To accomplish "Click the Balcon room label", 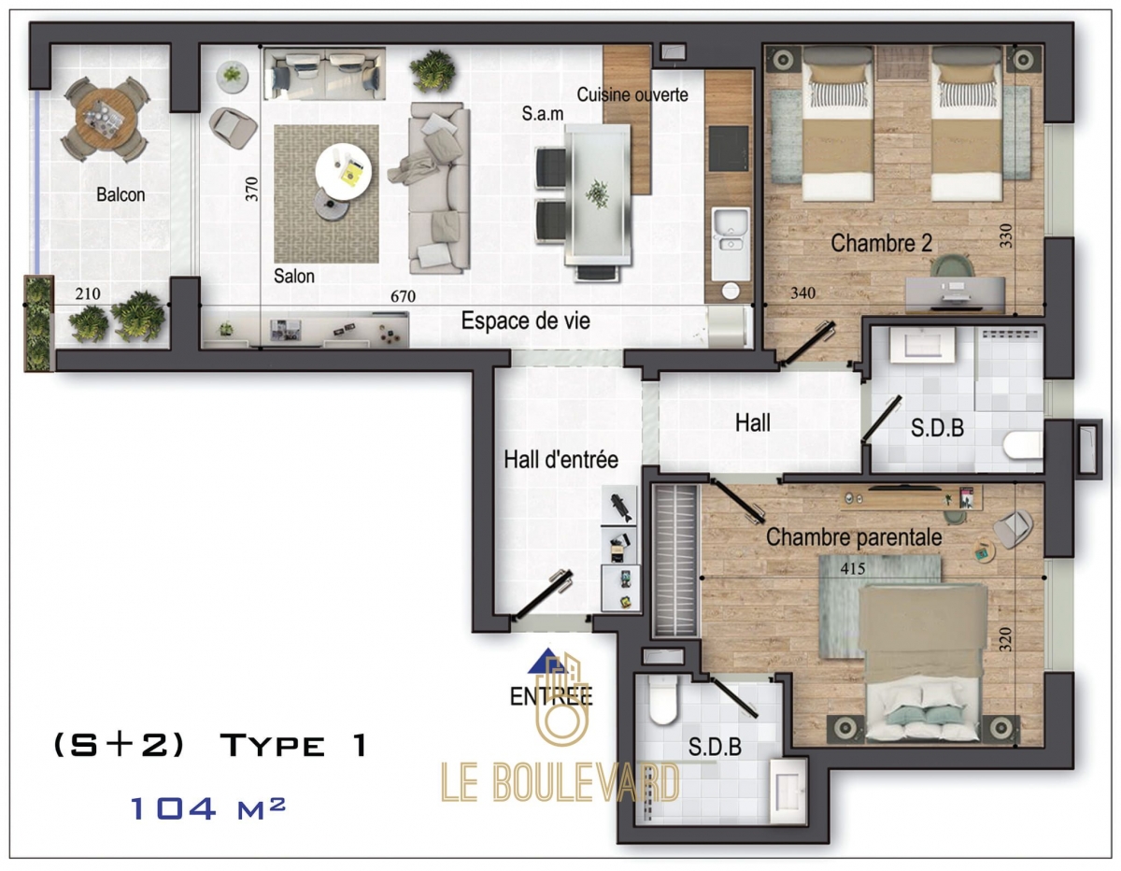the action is coord(121,194).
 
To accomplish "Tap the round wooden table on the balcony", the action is coord(106,120).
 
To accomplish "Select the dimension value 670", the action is coord(403,296).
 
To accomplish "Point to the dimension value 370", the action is coord(251,189).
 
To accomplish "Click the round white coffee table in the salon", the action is coord(343,171).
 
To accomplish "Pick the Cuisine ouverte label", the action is coord(631,94).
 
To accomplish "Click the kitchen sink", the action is coord(731,230).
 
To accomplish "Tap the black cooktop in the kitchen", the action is coord(729,149).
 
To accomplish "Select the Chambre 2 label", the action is coord(881,243).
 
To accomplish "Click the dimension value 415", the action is coord(853,568).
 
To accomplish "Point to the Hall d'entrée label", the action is coord(560,459).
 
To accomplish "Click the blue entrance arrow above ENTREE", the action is coord(546,661).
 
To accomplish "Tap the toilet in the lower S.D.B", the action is coord(662,701).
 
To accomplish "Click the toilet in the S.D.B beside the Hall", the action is coord(1023,445).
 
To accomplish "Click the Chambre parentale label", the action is coord(854,537).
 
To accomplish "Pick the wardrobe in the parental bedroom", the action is coord(675,561).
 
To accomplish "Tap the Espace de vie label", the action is coord(525,321).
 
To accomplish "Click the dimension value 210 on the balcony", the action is coord(88,293).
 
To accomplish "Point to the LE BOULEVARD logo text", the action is coord(560,782).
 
